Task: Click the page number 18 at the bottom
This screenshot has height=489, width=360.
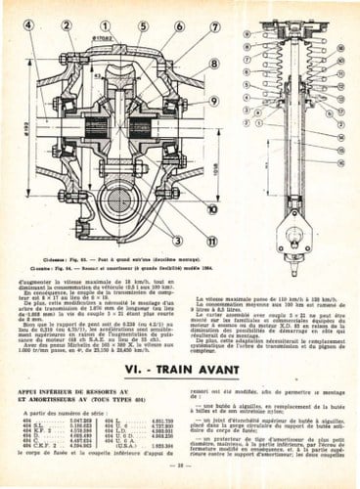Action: (180, 478)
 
